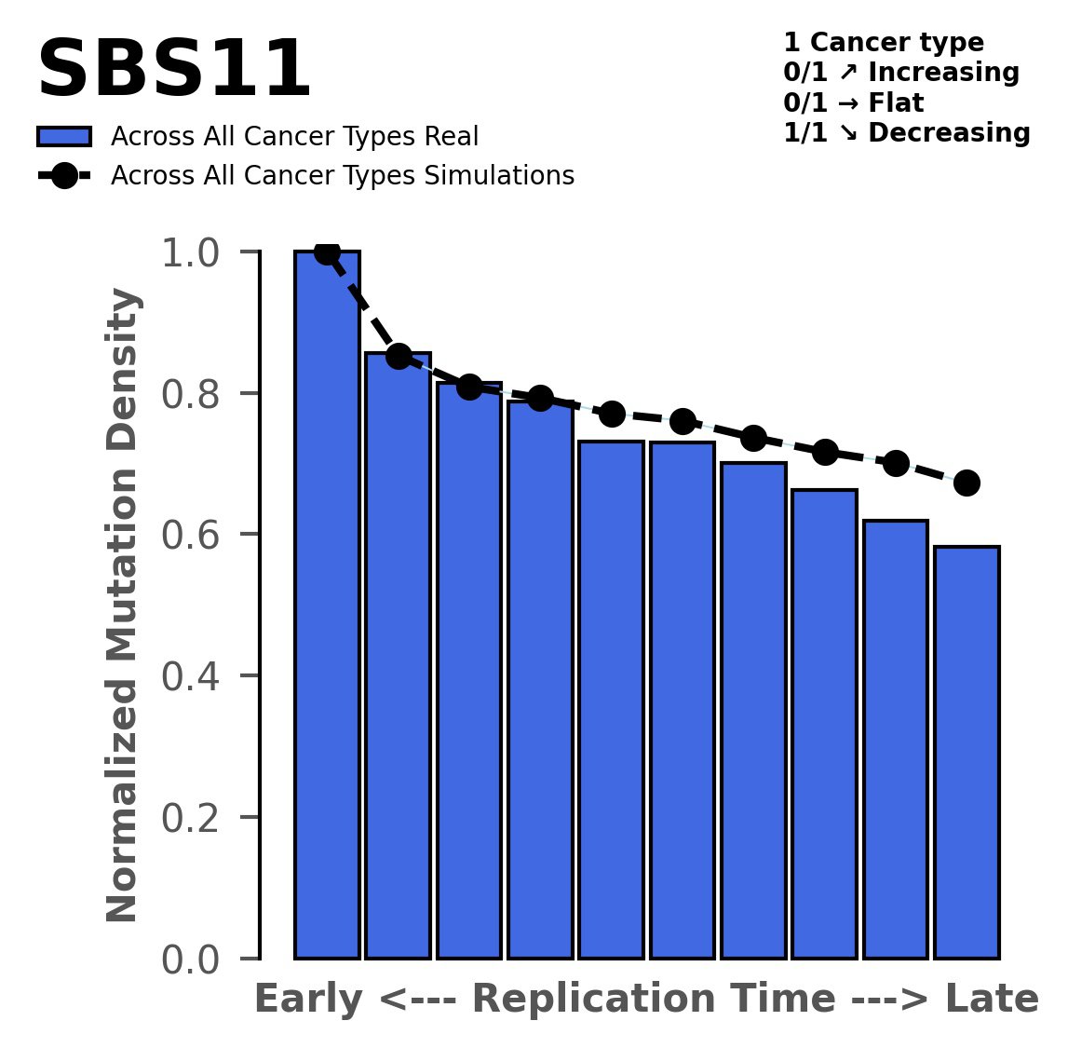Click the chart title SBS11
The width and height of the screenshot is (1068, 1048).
point(173,72)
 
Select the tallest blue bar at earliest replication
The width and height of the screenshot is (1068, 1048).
point(327,606)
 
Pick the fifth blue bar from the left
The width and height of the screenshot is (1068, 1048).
point(611,700)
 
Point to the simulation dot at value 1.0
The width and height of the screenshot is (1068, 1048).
point(327,252)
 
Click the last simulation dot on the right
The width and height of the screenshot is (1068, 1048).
point(967,483)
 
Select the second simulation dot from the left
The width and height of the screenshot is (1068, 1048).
point(399,356)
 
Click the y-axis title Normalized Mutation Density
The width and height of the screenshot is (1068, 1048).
point(123,606)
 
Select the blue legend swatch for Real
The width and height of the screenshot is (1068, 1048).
point(64,137)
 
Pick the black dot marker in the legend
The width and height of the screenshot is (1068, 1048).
point(64,176)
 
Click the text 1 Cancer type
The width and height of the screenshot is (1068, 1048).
point(883,43)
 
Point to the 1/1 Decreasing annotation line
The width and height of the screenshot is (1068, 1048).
point(906,133)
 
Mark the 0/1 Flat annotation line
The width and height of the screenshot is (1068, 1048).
point(853,102)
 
